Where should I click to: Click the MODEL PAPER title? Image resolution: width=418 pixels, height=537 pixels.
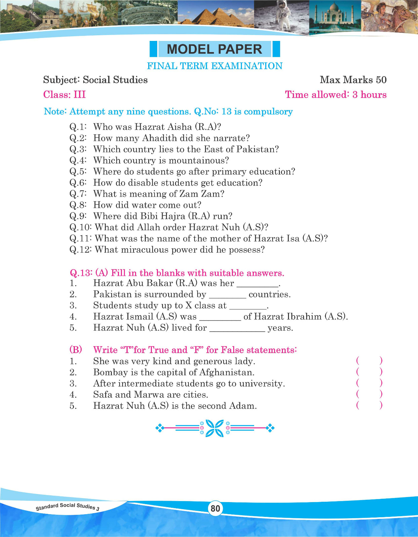click(214, 49)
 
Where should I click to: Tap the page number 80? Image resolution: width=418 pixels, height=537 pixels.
click(215, 508)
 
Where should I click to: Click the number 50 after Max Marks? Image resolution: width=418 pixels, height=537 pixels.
click(381, 80)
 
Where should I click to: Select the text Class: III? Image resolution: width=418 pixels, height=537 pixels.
click(65, 95)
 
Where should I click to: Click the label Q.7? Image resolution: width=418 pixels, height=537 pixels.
click(78, 194)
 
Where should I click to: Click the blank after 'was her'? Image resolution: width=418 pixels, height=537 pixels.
click(258, 284)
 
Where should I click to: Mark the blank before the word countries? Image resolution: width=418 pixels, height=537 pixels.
click(227, 295)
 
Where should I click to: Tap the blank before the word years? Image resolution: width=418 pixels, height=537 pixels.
click(237, 329)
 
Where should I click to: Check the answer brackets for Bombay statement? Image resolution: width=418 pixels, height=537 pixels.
click(369, 372)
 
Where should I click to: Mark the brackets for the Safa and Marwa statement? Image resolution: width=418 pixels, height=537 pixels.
click(369, 394)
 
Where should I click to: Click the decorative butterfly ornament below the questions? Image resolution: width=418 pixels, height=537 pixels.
click(215, 428)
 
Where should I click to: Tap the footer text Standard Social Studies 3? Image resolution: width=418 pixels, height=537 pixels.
click(68, 507)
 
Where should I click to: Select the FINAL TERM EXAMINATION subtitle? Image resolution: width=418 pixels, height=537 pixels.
click(215, 66)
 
